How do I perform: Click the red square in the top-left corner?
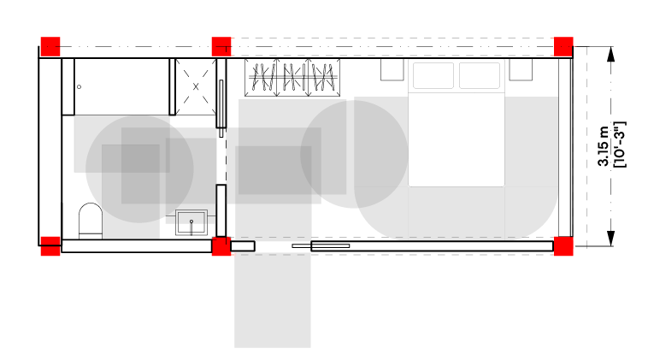(x=50, y=46)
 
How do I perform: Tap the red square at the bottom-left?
(x=50, y=246)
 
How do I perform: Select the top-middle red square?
(x=221, y=46)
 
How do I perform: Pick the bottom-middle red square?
(x=221, y=246)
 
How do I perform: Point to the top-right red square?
(x=563, y=46)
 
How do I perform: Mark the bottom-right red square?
(x=563, y=246)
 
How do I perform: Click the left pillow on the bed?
(x=433, y=75)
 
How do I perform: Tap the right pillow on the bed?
(x=480, y=75)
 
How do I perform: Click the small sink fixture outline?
(x=191, y=217)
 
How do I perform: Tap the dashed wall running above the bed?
(x=393, y=47)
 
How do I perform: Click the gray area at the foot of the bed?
(x=457, y=213)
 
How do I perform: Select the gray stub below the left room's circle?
(x=131, y=227)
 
